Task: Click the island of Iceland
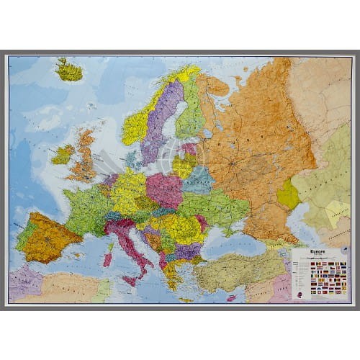[70, 71]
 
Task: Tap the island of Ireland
[63, 154]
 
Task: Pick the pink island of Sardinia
[107, 257]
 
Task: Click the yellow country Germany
[129, 191]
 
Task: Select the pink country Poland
[164, 189]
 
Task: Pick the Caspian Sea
[301, 230]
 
